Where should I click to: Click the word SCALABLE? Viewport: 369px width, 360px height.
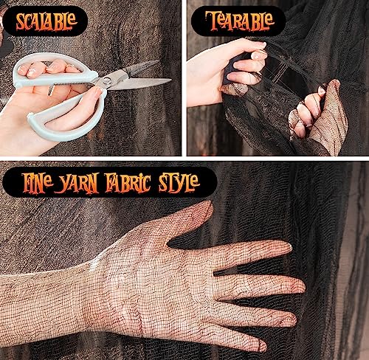click(46, 21)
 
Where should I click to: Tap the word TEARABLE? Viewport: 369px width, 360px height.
click(239, 21)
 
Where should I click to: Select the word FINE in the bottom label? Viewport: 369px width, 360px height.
click(37, 182)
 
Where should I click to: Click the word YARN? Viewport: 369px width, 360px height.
click(78, 184)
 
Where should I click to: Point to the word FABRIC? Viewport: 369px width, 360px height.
click(128, 182)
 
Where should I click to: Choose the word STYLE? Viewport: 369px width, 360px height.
click(179, 183)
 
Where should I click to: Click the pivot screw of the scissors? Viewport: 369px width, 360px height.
click(107, 80)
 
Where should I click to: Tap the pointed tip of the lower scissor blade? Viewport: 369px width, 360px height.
click(170, 80)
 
